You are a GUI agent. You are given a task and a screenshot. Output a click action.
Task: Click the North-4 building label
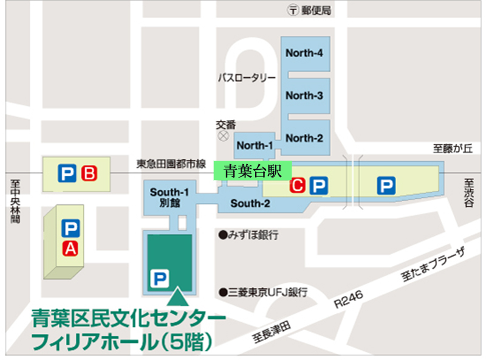[x=304, y=53]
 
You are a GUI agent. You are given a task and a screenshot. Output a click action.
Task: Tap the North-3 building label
[x=304, y=95]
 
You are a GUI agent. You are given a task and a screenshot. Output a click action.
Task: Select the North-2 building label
[x=304, y=138]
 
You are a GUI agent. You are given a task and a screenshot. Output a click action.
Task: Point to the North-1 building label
[x=255, y=145]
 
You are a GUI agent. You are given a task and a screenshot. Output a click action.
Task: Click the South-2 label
[x=250, y=203]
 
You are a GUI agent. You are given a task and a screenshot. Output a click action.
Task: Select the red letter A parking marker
[x=70, y=247]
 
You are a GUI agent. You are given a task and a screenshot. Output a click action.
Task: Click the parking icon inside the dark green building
[x=159, y=279]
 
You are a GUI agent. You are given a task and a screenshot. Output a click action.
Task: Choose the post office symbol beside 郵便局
[x=293, y=10]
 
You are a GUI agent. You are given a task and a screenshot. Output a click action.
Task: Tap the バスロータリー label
[x=247, y=78]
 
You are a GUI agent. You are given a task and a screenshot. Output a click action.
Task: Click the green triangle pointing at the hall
[x=177, y=297]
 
